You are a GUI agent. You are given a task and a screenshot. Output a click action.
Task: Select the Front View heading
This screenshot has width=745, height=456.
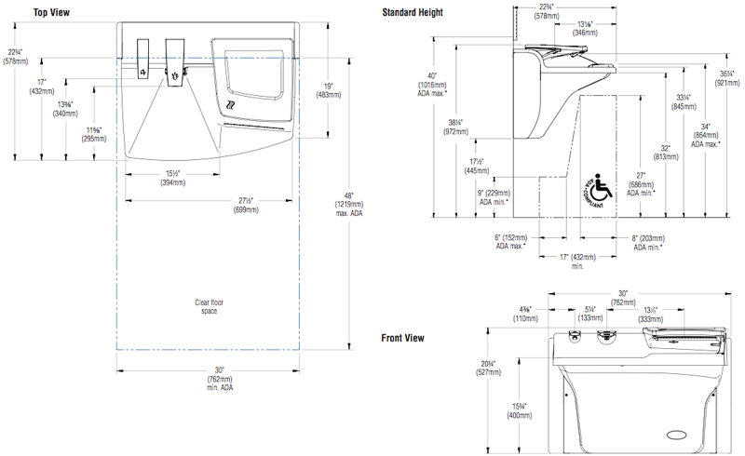click(x=403, y=338)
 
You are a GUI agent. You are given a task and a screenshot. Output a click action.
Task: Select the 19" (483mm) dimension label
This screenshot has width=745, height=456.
click(x=328, y=90)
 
